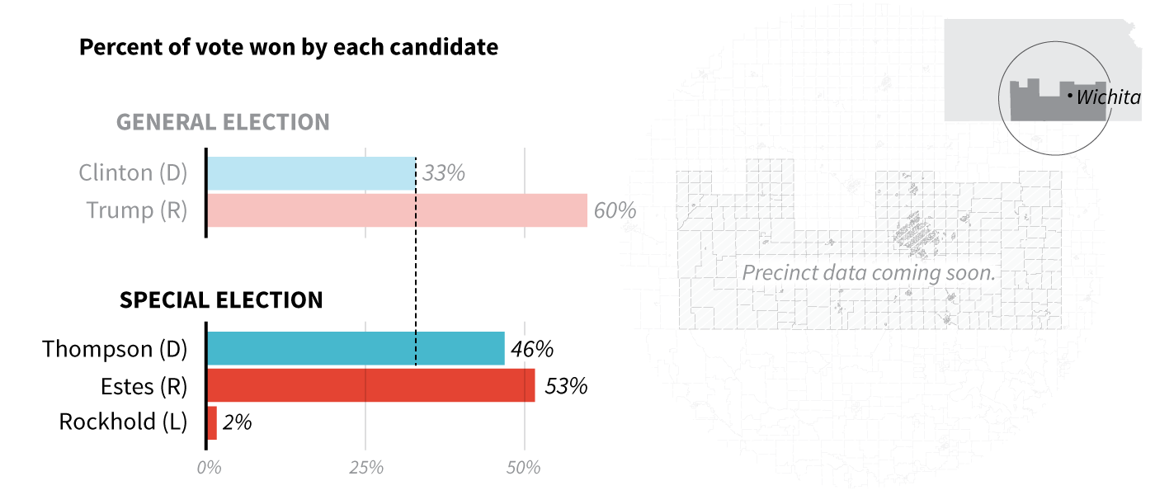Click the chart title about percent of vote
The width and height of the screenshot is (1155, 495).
[289, 47]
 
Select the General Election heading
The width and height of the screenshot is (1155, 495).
[223, 122]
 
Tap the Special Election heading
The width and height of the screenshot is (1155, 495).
[221, 299]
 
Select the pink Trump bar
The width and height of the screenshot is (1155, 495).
[397, 210]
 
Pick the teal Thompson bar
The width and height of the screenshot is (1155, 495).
[356, 349]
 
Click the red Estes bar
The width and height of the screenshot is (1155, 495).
[370, 385]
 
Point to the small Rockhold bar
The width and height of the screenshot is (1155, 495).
[212, 422]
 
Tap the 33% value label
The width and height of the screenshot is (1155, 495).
[444, 173]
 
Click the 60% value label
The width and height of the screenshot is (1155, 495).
[615, 210]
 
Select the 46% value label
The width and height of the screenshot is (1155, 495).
[532, 349]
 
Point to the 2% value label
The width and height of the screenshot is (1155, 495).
[238, 422]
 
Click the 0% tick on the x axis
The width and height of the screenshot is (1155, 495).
[210, 468]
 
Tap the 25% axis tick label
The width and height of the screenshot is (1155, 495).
[366, 468]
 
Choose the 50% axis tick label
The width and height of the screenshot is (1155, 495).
[524, 468]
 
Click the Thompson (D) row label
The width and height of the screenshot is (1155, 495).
[115, 349]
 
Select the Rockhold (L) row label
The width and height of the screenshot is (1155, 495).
[124, 422]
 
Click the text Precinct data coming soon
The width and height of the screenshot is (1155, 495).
[869, 272]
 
